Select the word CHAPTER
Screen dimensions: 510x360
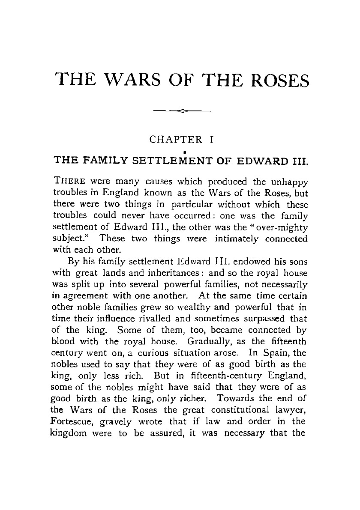pyautogui.click(x=176, y=139)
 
